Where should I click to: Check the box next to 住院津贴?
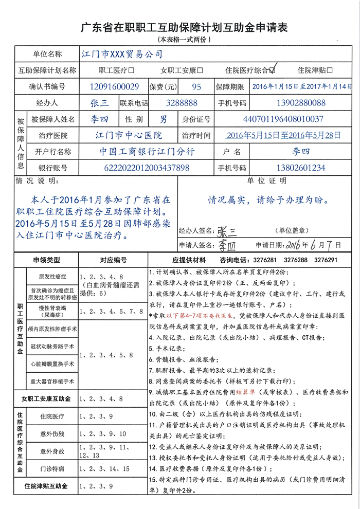pyautogui.click(x=330, y=70)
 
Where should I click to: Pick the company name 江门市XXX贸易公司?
pyautogui.click(x=122, y=53)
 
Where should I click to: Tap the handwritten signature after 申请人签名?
pyautogui.click(x=224, y=244)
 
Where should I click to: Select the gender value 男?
pyautogui.click(x=163, y=119)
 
